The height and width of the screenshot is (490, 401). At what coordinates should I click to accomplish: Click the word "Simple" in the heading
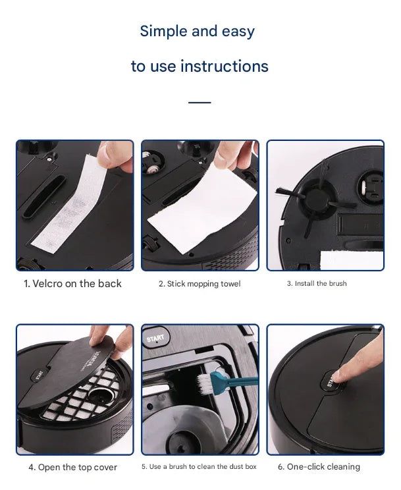tap(163, 31)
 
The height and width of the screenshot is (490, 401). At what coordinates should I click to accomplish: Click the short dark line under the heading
tap(200, 103)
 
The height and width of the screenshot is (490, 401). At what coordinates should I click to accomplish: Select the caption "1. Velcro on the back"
tap(73, 284)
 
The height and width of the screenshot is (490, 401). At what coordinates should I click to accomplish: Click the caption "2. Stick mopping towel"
tap(200, 284)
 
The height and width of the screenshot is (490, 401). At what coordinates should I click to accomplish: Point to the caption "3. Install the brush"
tap(316, 284)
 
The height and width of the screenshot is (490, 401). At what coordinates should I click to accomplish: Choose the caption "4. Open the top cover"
tap(73, 467)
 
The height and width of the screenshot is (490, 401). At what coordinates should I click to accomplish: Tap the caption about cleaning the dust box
tap(200, 467)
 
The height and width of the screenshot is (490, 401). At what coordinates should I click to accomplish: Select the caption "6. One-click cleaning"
tap(319, 467)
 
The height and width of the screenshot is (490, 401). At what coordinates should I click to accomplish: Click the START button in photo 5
tap(153, 339)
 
